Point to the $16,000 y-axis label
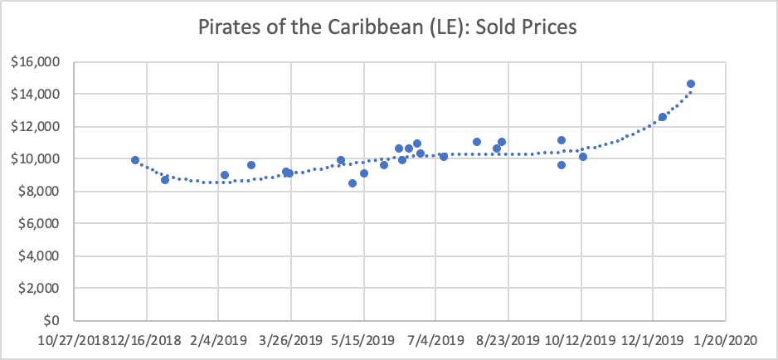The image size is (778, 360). coord(41,62)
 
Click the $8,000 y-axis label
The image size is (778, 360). coord(43,192)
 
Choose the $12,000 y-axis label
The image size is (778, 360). coord(41,127)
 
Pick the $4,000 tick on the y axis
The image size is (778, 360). coord(43,255)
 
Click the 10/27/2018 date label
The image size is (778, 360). coord(74,340)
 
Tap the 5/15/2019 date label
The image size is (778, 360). coord(363,340)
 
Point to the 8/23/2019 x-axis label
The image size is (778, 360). coord(508,340)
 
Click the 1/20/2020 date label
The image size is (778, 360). coord(726,340)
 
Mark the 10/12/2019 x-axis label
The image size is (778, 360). coord(581,340)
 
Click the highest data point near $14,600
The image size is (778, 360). coord(691,84)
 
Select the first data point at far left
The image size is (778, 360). coord(135,160)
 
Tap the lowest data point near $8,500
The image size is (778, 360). coord(353,183)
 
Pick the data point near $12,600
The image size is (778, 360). coord(663,117)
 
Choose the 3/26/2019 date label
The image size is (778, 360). coord(291,340)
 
